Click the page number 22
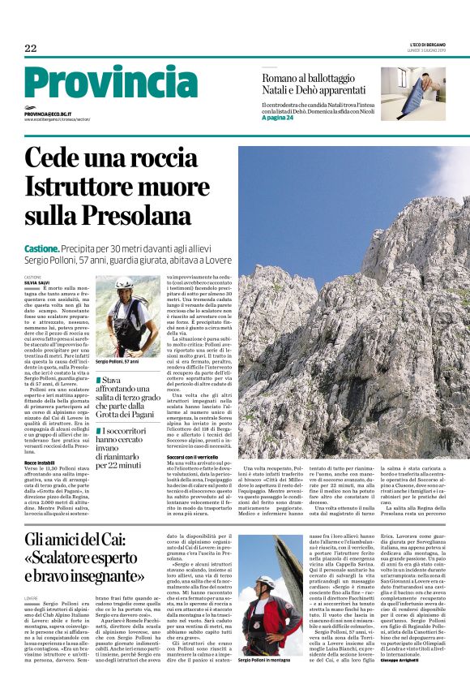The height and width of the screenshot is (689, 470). (31, 49)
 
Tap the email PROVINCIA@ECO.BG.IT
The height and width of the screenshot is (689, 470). (48, 115)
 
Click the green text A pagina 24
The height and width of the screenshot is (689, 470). (278, 118)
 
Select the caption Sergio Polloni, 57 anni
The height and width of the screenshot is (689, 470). (120, 360)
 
